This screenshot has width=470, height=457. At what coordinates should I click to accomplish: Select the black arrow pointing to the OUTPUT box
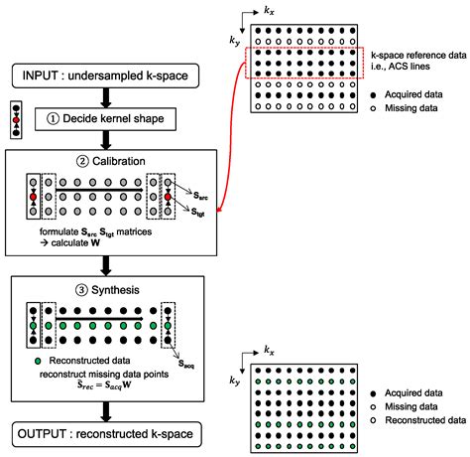click(x=103, y=411)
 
